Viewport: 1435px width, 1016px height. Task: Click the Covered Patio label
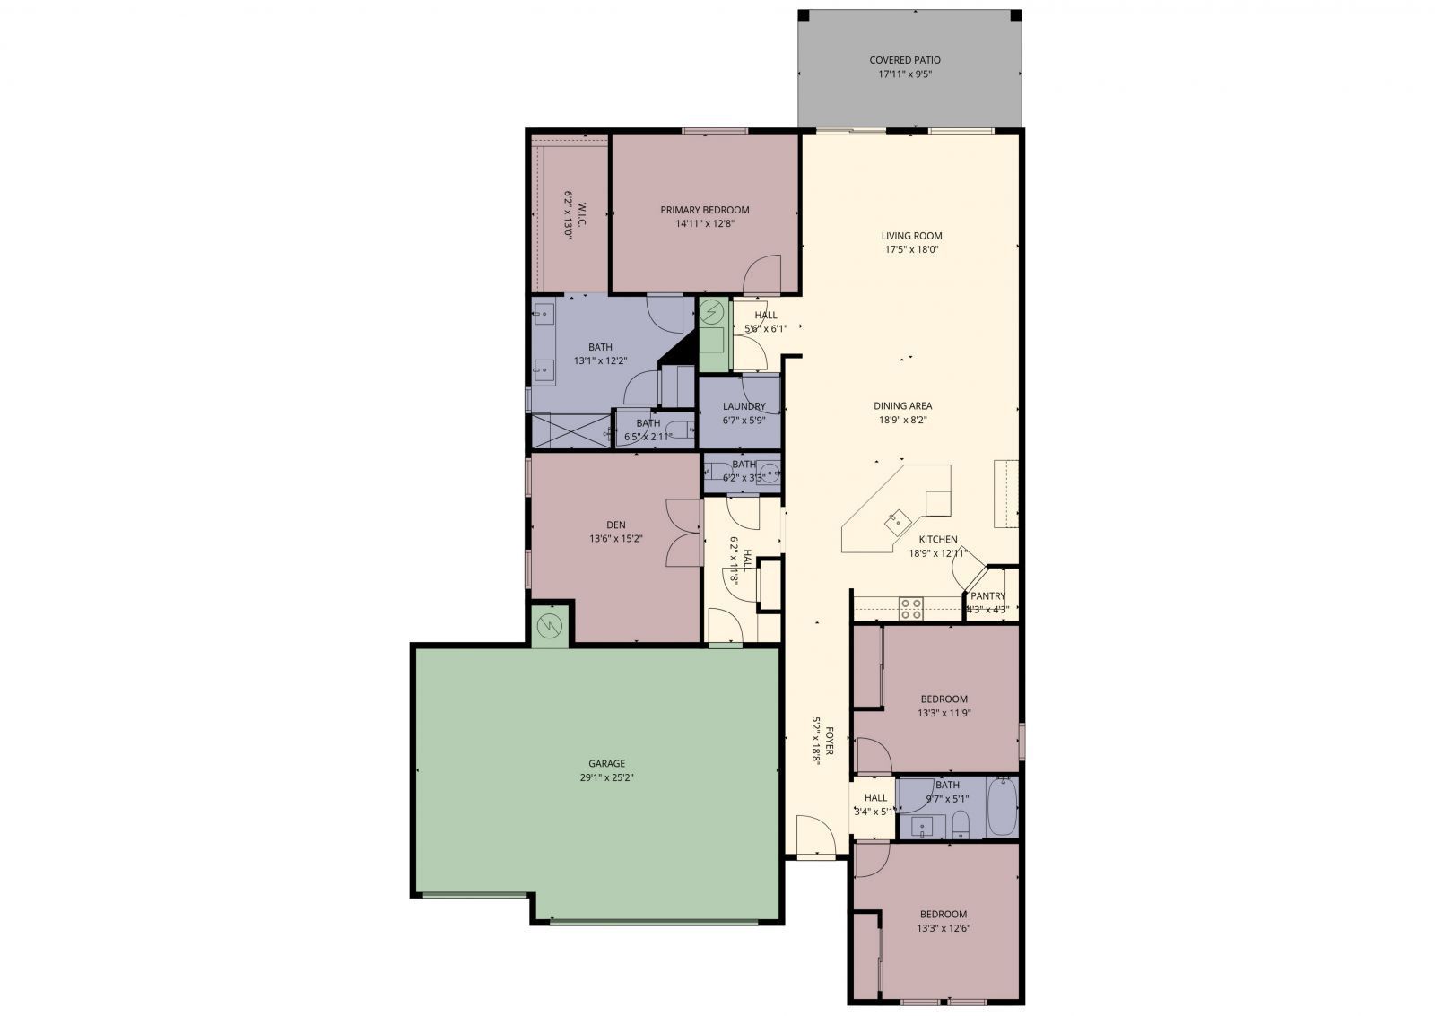(x=904, y=60)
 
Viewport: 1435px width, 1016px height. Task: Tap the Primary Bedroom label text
(x=704, y=210)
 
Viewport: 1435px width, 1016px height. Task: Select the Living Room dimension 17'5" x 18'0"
(x=911, y=250)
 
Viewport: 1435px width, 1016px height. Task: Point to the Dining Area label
(x=902, y=405)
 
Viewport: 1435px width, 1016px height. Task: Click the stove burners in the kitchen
(x=911, y=609)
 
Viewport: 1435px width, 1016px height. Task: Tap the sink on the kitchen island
(x=896, y=518)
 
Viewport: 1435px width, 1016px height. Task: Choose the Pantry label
(x=987, y=596)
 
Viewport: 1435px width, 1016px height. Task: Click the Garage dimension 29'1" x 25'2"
(x=607, y=777)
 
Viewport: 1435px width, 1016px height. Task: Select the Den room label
(x=615, y=525)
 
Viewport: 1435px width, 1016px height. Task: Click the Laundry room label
(x=744, y=406)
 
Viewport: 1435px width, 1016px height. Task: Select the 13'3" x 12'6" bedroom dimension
(x=944, y=929)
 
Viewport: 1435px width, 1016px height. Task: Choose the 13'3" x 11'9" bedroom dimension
(x=944, y=714)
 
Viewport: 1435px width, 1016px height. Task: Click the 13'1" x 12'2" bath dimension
(x=600, y=361)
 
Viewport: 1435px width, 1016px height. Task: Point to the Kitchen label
(x=937, y=539)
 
